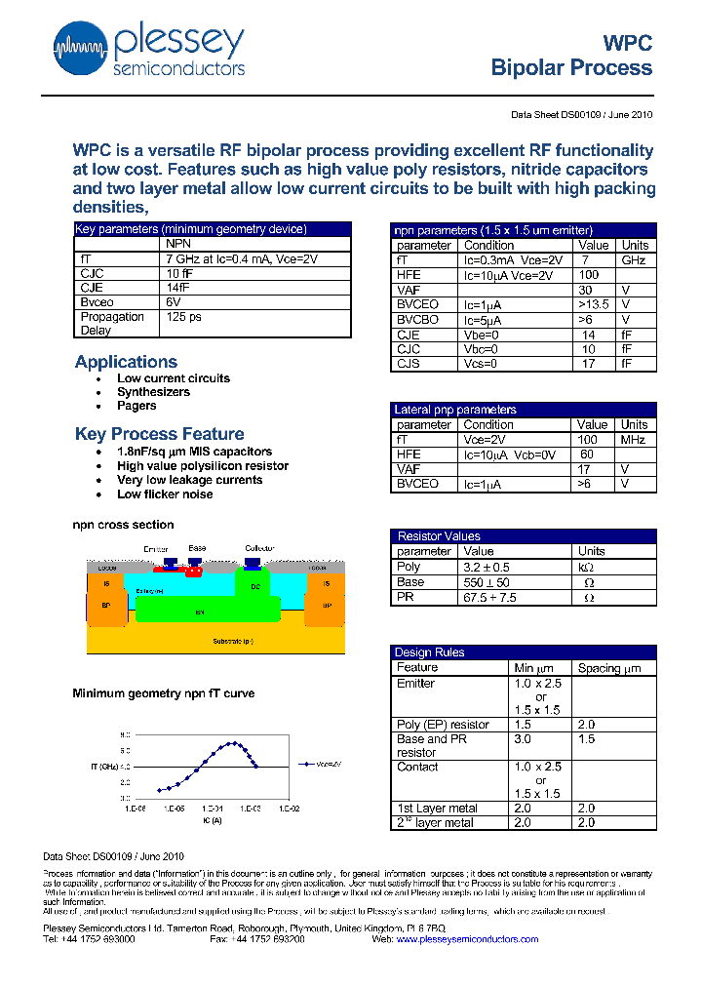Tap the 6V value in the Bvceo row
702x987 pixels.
174,302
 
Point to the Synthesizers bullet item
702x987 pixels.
153,392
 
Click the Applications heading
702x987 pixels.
126,362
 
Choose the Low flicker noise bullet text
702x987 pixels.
165,494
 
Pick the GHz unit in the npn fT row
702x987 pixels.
634,260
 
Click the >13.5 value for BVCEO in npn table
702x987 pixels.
593,304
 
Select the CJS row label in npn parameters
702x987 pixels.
408,364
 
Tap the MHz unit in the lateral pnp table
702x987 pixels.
634,440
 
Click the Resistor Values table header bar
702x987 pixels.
523,536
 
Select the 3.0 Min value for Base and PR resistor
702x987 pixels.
523,740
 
